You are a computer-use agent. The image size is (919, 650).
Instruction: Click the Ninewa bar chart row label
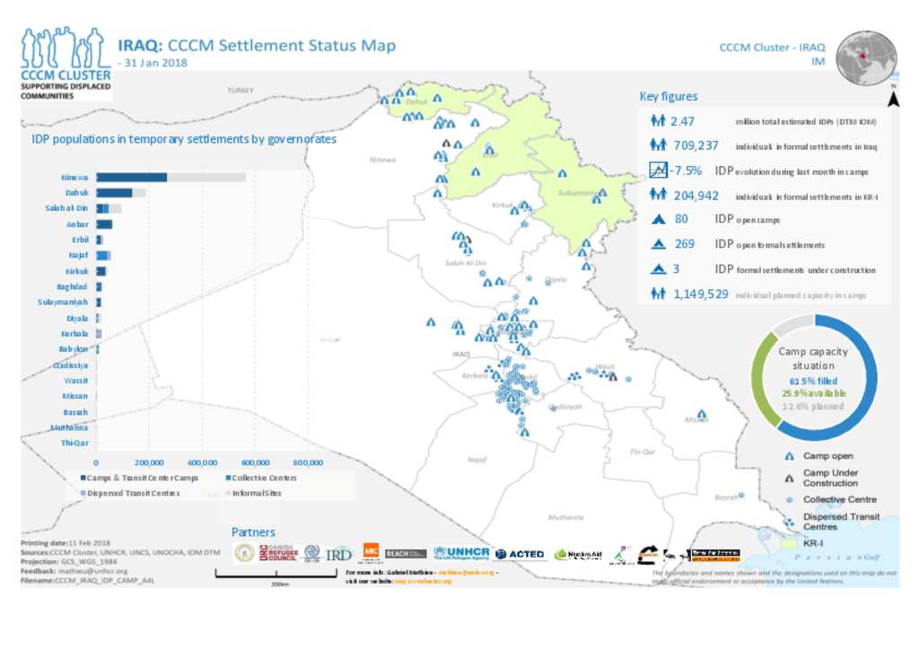point(75,178)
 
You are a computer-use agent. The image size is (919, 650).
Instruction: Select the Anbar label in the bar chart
point(77,224)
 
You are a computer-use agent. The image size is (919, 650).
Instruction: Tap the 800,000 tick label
point(307,461)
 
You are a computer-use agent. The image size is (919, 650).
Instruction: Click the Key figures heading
point(668,97)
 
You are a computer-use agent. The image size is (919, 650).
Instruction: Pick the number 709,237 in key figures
point(696,145)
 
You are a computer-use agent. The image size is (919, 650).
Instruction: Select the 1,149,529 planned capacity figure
point(700,294)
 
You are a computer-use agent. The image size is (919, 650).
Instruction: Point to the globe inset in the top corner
point(866,58)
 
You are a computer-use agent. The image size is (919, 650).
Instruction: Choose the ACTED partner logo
point(520,554)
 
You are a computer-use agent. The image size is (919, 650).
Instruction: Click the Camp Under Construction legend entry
point(830,478)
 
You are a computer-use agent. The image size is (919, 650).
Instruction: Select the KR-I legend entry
point(815,544)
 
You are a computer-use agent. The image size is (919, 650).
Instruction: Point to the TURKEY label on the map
point(241,91)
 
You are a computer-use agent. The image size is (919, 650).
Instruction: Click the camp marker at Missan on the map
point(702,415)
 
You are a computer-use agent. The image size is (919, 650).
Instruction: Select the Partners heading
point(253,532)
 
